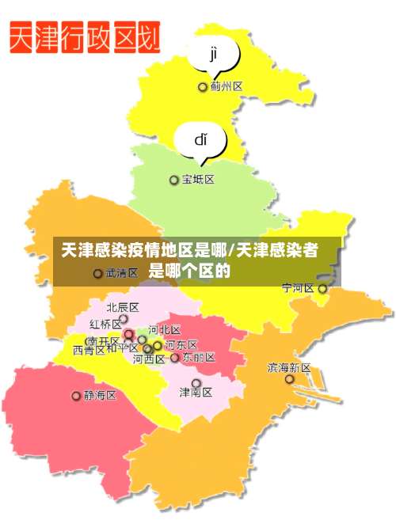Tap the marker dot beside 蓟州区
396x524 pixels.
coord(203,87)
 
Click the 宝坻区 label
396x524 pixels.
coord(198,180)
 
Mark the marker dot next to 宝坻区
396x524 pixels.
coord(174,180)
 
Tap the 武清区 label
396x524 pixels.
coord(122,273)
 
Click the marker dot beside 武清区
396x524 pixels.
coord(97,274)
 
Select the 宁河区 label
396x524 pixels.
coord(299,288)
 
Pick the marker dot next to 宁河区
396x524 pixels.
coord(322,289)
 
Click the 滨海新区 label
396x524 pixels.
coord(289,368)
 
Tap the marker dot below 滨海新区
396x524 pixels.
coord(289,380)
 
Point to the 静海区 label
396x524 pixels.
coord(100,395)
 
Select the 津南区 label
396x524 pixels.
coord(196,391)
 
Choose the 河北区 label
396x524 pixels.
coord(165,330)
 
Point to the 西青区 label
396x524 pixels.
coord(88,350)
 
